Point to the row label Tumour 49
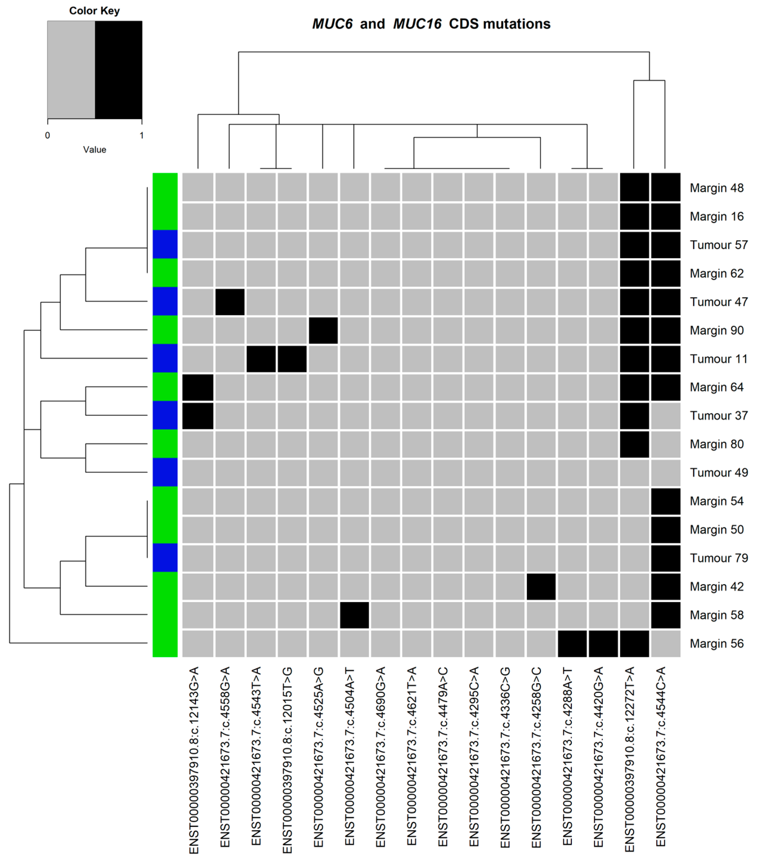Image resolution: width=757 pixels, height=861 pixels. point(718,473)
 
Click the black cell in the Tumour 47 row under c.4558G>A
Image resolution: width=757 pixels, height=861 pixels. point(230,302)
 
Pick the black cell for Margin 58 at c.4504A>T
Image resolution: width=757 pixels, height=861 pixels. point(354,615)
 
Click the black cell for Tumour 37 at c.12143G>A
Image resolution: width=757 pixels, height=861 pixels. point(198,416)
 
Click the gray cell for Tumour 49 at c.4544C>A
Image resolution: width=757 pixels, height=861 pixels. point(665,473)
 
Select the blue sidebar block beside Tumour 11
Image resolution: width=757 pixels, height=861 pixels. point(165,359)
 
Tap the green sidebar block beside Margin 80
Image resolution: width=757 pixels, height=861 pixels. point(165,444)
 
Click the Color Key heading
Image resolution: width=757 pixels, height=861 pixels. point(94,11)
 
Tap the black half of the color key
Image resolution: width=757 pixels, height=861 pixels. point(118,70)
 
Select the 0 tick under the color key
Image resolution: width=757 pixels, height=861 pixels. point(48,136)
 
